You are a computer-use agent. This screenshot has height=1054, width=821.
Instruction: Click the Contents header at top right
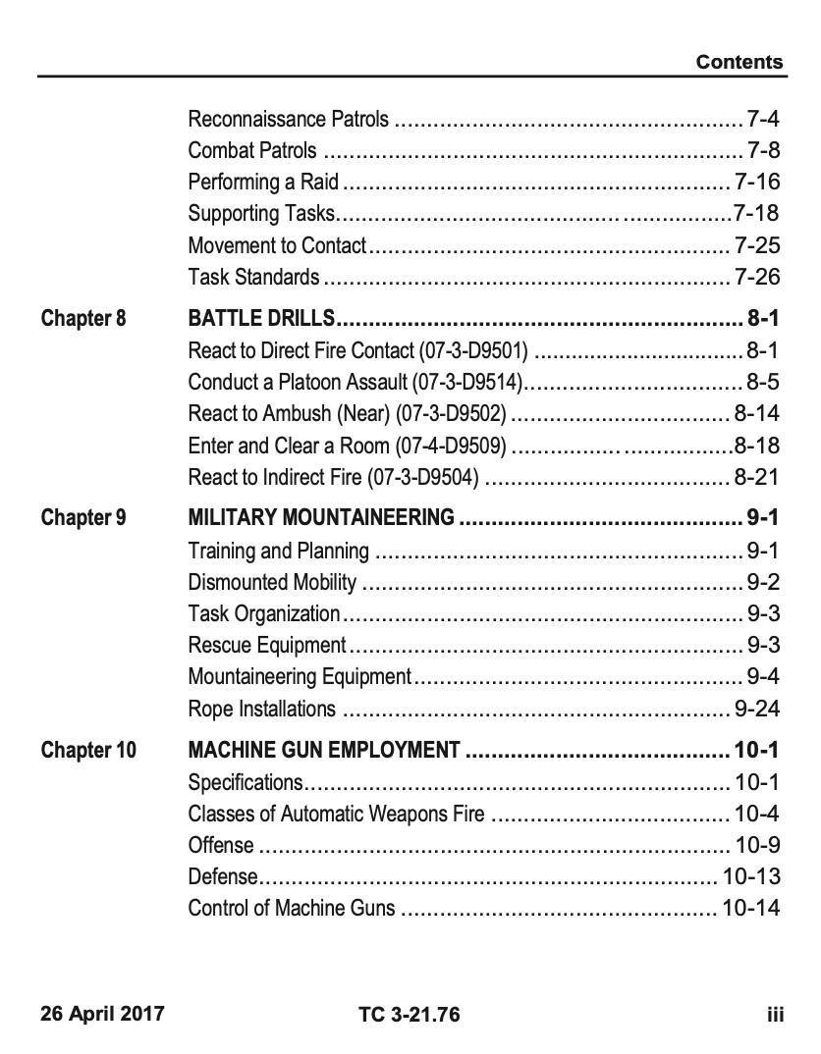click(x=739, y=62)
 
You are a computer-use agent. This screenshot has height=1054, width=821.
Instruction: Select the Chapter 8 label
click(x=83, y=318)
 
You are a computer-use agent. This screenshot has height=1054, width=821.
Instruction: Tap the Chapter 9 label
click(x=83, y=517)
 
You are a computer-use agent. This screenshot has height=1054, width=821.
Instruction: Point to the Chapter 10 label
click(x=88, y=751)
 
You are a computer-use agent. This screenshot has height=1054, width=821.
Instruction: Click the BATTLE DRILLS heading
click(x=262, y=318)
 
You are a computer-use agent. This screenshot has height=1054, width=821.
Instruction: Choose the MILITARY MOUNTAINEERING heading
click(x=321, y=517)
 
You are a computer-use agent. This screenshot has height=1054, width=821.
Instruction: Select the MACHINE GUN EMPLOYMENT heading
click(x=324, y=751)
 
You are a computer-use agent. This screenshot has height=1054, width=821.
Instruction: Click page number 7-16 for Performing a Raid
click(x=756, y=182)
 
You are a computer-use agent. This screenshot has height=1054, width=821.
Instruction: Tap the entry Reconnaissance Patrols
click(x=288, y=120)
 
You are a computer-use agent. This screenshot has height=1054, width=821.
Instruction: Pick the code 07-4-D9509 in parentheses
click(x=451, y=447)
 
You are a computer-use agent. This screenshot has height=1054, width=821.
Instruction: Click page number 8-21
click(x=756, y=478)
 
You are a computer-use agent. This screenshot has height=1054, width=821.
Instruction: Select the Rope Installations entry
click(x=261, y=709)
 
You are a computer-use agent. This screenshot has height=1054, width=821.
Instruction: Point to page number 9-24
click(x=756, y=709)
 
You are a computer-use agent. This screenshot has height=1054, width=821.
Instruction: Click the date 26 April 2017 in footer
click(x=102, y=1013)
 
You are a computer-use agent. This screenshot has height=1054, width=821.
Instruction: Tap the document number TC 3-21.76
click(x=410, y=1014)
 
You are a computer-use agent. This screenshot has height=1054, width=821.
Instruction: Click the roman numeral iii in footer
click(x=775, y=1014)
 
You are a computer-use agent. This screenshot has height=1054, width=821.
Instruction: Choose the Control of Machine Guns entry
click(x=292, y=908)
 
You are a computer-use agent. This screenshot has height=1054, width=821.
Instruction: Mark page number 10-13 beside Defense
click(x=751, y=876)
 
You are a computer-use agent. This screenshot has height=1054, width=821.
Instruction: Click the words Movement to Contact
click(x=277, y=245)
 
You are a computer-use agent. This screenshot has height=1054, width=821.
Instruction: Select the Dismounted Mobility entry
click(x=272, y=583)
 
